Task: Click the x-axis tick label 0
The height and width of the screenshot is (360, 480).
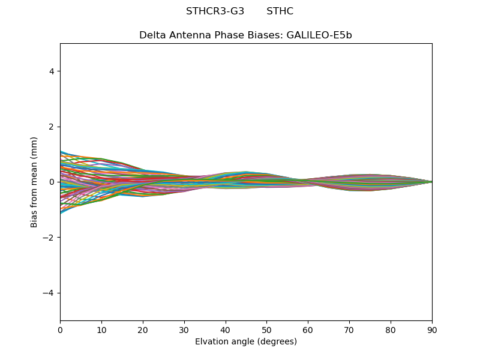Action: [60, 329]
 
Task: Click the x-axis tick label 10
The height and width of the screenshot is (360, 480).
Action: [101, 329]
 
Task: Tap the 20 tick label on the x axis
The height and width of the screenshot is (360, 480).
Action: [143, 329]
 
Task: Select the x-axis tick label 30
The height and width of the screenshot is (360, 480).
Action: [184, 329]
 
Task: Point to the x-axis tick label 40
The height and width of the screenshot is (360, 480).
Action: [226, 329]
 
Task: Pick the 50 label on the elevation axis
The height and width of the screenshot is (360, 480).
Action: [266, 329]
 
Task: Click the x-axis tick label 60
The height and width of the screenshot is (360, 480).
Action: [308, 329]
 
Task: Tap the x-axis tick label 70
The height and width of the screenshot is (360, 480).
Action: [349, 329]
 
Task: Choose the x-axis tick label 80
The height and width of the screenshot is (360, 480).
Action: [391, 329]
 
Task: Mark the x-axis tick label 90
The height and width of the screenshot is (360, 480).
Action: [432, 329]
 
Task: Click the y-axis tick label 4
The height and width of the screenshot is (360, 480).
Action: [52, 71]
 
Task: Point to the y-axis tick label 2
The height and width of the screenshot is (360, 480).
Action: [52, 127]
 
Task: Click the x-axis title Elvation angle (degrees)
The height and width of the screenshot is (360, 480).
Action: [246, 341]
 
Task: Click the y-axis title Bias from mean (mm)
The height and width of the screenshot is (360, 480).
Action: [35, 182]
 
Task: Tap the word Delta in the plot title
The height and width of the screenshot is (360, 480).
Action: [152, 35]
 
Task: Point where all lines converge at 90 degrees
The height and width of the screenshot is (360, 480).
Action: [431, 182]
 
